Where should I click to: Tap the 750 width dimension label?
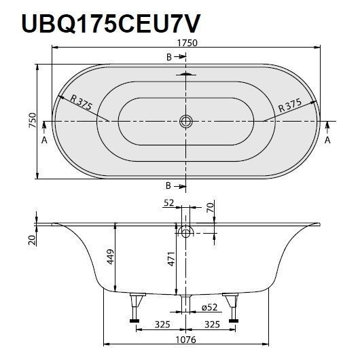click(x=30, y=120)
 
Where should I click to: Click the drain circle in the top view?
click(x=185, y=122)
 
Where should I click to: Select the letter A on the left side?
click(x=44, y=140)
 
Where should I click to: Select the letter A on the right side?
click(x=327, y=140)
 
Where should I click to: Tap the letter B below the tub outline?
click(x=169, y=185)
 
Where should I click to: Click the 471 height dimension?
click(x=172, y=259)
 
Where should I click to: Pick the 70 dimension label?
click(x=211, y=208)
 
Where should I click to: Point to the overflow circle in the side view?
click(x=185, y=232)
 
